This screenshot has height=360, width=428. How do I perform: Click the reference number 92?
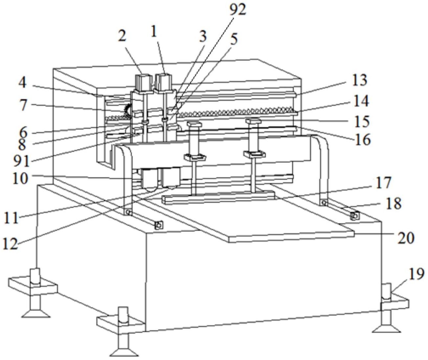click(237, 10)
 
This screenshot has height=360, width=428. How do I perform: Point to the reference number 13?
click(359, 80)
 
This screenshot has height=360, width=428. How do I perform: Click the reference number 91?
click(21, 161)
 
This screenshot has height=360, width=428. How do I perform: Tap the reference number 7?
click(23, 106)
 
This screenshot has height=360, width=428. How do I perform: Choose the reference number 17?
click(383, 182)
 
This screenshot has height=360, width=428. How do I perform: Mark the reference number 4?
click(22, 83)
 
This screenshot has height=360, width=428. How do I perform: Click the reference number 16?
click(362, 140)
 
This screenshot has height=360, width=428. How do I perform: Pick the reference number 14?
click(361, 101)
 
